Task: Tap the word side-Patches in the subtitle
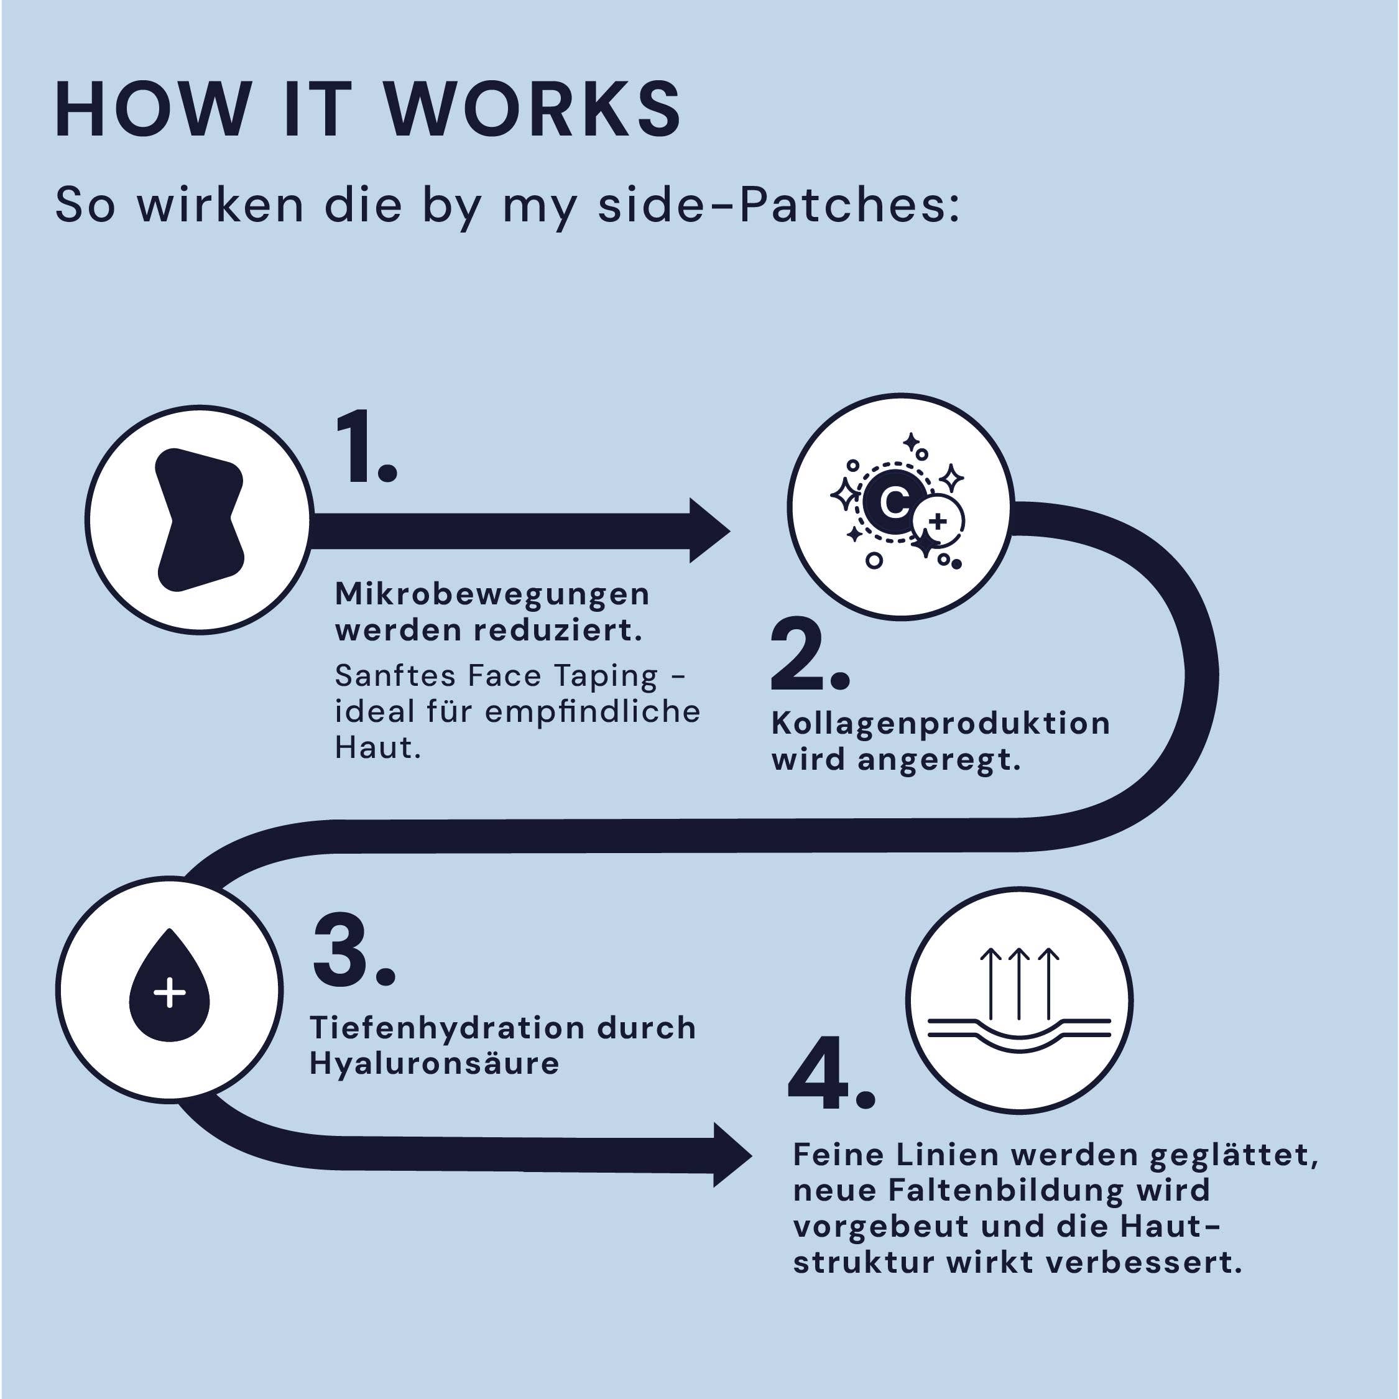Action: [x=778, y=205]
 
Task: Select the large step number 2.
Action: [x=805, y=655]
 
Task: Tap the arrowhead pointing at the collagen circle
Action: [x=708, y=531]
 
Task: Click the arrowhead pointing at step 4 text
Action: [x=731, y=1155]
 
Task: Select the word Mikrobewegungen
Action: [x=492, y=595]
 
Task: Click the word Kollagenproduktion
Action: [x=940, y=723]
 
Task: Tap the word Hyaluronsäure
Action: [x=435, y=1064]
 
